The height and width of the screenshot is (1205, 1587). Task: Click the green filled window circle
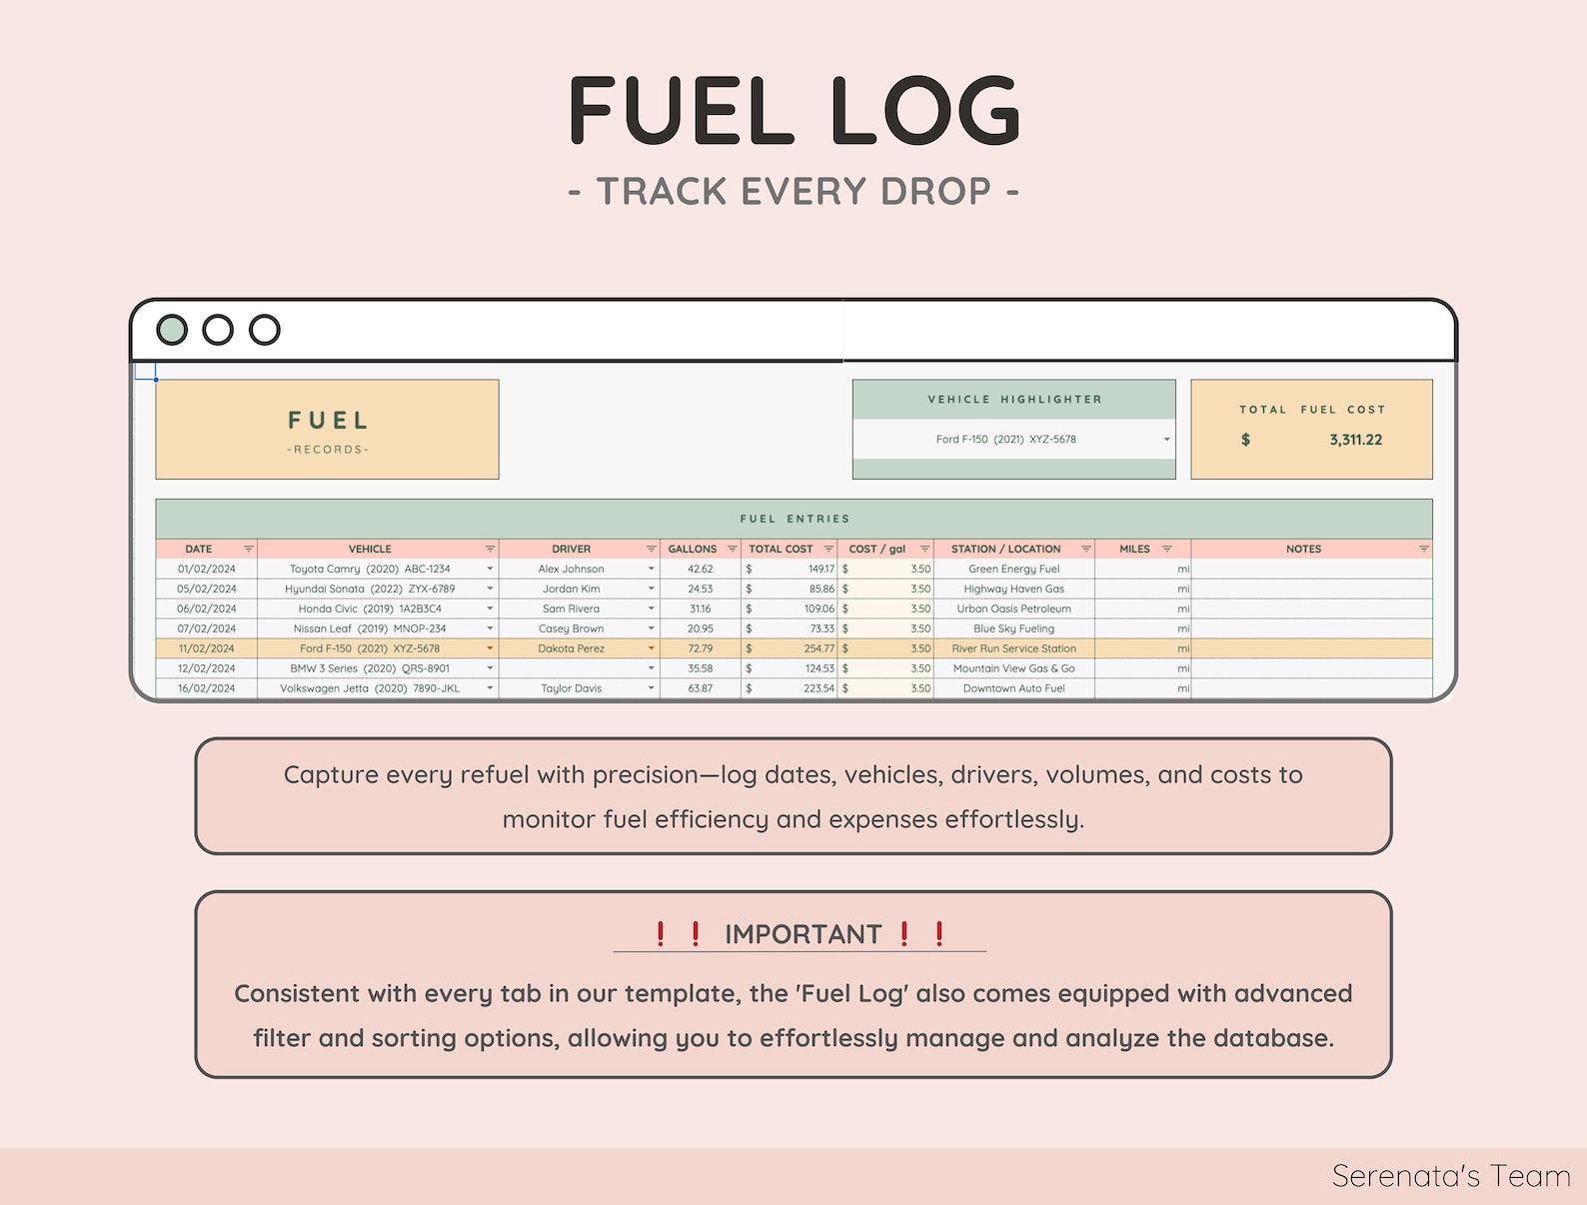point(172,330)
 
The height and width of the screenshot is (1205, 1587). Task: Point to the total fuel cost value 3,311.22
point(1355,440)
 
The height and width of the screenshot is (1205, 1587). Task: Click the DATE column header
point(199,550)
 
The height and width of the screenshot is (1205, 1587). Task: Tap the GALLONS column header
point(693,550)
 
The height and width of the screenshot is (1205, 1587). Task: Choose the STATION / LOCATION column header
point(1005,550)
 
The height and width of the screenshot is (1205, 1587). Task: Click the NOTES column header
point(1303,550)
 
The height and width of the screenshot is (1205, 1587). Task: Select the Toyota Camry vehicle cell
point(370,570)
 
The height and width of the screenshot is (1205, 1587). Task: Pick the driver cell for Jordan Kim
point(572,590)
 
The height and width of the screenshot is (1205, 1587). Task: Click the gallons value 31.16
point(700,609)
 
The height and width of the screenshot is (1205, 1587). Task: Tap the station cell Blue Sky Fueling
point(1013,629)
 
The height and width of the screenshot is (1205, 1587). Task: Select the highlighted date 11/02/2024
point(206,649)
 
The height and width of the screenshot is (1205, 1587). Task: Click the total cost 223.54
point(818,689)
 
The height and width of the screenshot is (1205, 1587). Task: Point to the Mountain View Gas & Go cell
point(1013,669)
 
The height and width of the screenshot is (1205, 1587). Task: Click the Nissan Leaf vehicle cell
point(370,629)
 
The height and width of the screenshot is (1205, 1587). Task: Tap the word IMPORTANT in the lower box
point(802,934)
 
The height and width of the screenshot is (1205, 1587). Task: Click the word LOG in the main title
point(923,112)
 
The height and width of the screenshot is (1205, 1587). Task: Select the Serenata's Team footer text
point(1450,1176)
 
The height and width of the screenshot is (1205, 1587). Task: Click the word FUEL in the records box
point(328,421)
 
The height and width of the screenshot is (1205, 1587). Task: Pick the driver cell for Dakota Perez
point(572,649)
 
